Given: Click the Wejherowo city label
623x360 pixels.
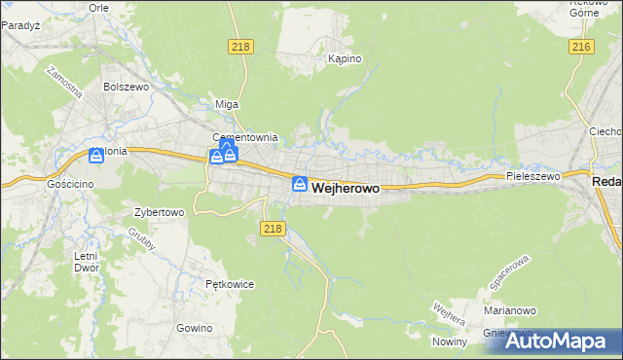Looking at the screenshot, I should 346,188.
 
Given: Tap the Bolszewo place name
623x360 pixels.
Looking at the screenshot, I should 124,86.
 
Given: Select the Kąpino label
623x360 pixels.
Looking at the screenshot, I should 345,59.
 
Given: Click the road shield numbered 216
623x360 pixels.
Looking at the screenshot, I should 582,47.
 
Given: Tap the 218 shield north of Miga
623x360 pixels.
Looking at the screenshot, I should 241,47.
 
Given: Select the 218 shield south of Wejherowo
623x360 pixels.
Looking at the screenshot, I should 273,228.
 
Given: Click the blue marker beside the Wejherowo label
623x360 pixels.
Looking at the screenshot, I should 300,184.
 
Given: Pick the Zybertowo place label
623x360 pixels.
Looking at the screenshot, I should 159,211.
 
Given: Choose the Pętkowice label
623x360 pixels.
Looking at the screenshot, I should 230,284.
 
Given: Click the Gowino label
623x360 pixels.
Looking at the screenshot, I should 195,328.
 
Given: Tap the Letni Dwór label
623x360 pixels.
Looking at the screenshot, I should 87,261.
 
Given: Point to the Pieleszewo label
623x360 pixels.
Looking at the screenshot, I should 533,176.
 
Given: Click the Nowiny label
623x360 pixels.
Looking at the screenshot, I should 450,342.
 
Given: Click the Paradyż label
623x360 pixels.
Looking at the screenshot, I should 18,25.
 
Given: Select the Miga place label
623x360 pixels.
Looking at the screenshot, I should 226,104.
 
